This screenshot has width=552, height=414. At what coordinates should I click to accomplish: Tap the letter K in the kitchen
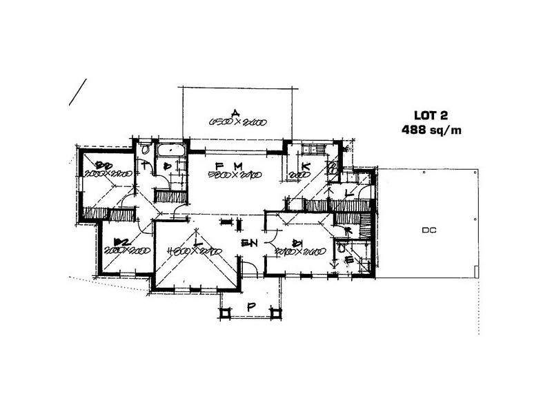[x=304, y=166]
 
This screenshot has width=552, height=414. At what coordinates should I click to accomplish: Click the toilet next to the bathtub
[x=146, y=148]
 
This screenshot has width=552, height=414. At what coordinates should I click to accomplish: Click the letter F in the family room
[x=218, y=166]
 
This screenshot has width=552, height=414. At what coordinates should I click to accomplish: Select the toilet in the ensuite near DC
[x=342, y=248]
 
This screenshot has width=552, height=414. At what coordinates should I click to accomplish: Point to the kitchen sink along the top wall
[x=319, y=150]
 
